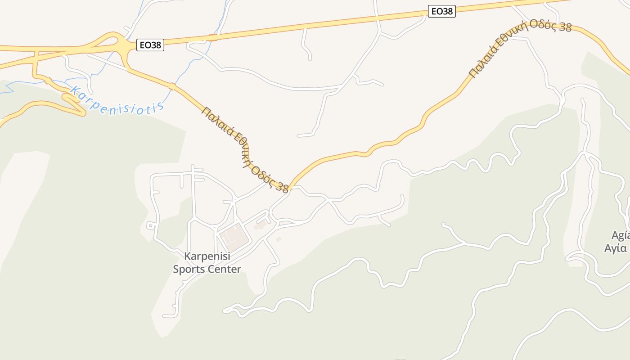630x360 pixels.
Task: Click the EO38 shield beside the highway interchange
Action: click(150, 45)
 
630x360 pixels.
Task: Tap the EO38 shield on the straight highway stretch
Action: click(441, 11)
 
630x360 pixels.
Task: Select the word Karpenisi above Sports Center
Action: click(207, 256)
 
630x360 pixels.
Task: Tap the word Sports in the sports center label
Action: click(189, 270)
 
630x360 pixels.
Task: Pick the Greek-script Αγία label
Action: click(616, 248)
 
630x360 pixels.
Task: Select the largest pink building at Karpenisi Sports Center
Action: click(234, 237)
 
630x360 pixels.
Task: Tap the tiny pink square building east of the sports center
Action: click(279, 239)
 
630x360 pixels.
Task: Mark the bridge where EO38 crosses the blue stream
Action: click(213, 38)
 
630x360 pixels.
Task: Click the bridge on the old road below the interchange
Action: click(171, 86)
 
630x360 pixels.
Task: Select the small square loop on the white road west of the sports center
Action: click(151, 225)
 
